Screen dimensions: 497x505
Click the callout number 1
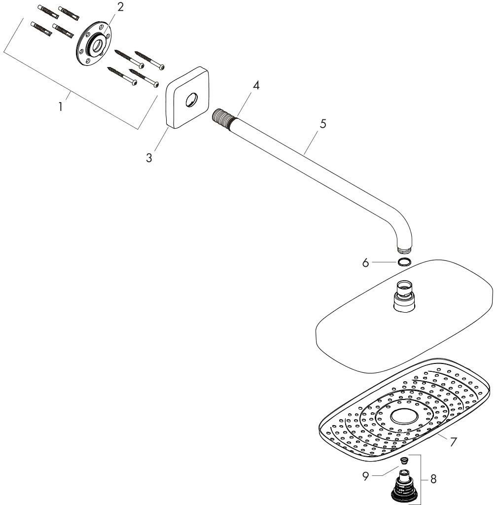[61, 107]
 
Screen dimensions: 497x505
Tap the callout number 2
[120, 7]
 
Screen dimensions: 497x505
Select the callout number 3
[149, 158]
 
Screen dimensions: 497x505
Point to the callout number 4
[256, 85]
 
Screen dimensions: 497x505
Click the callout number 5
[323, 124]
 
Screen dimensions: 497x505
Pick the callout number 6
[365, 263]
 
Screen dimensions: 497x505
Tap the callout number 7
[453, 442]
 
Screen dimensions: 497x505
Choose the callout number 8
[433, 479]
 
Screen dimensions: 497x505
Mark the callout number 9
[365, 476]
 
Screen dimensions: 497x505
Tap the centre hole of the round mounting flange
[96, 46]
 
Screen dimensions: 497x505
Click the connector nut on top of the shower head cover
[403, 296]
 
